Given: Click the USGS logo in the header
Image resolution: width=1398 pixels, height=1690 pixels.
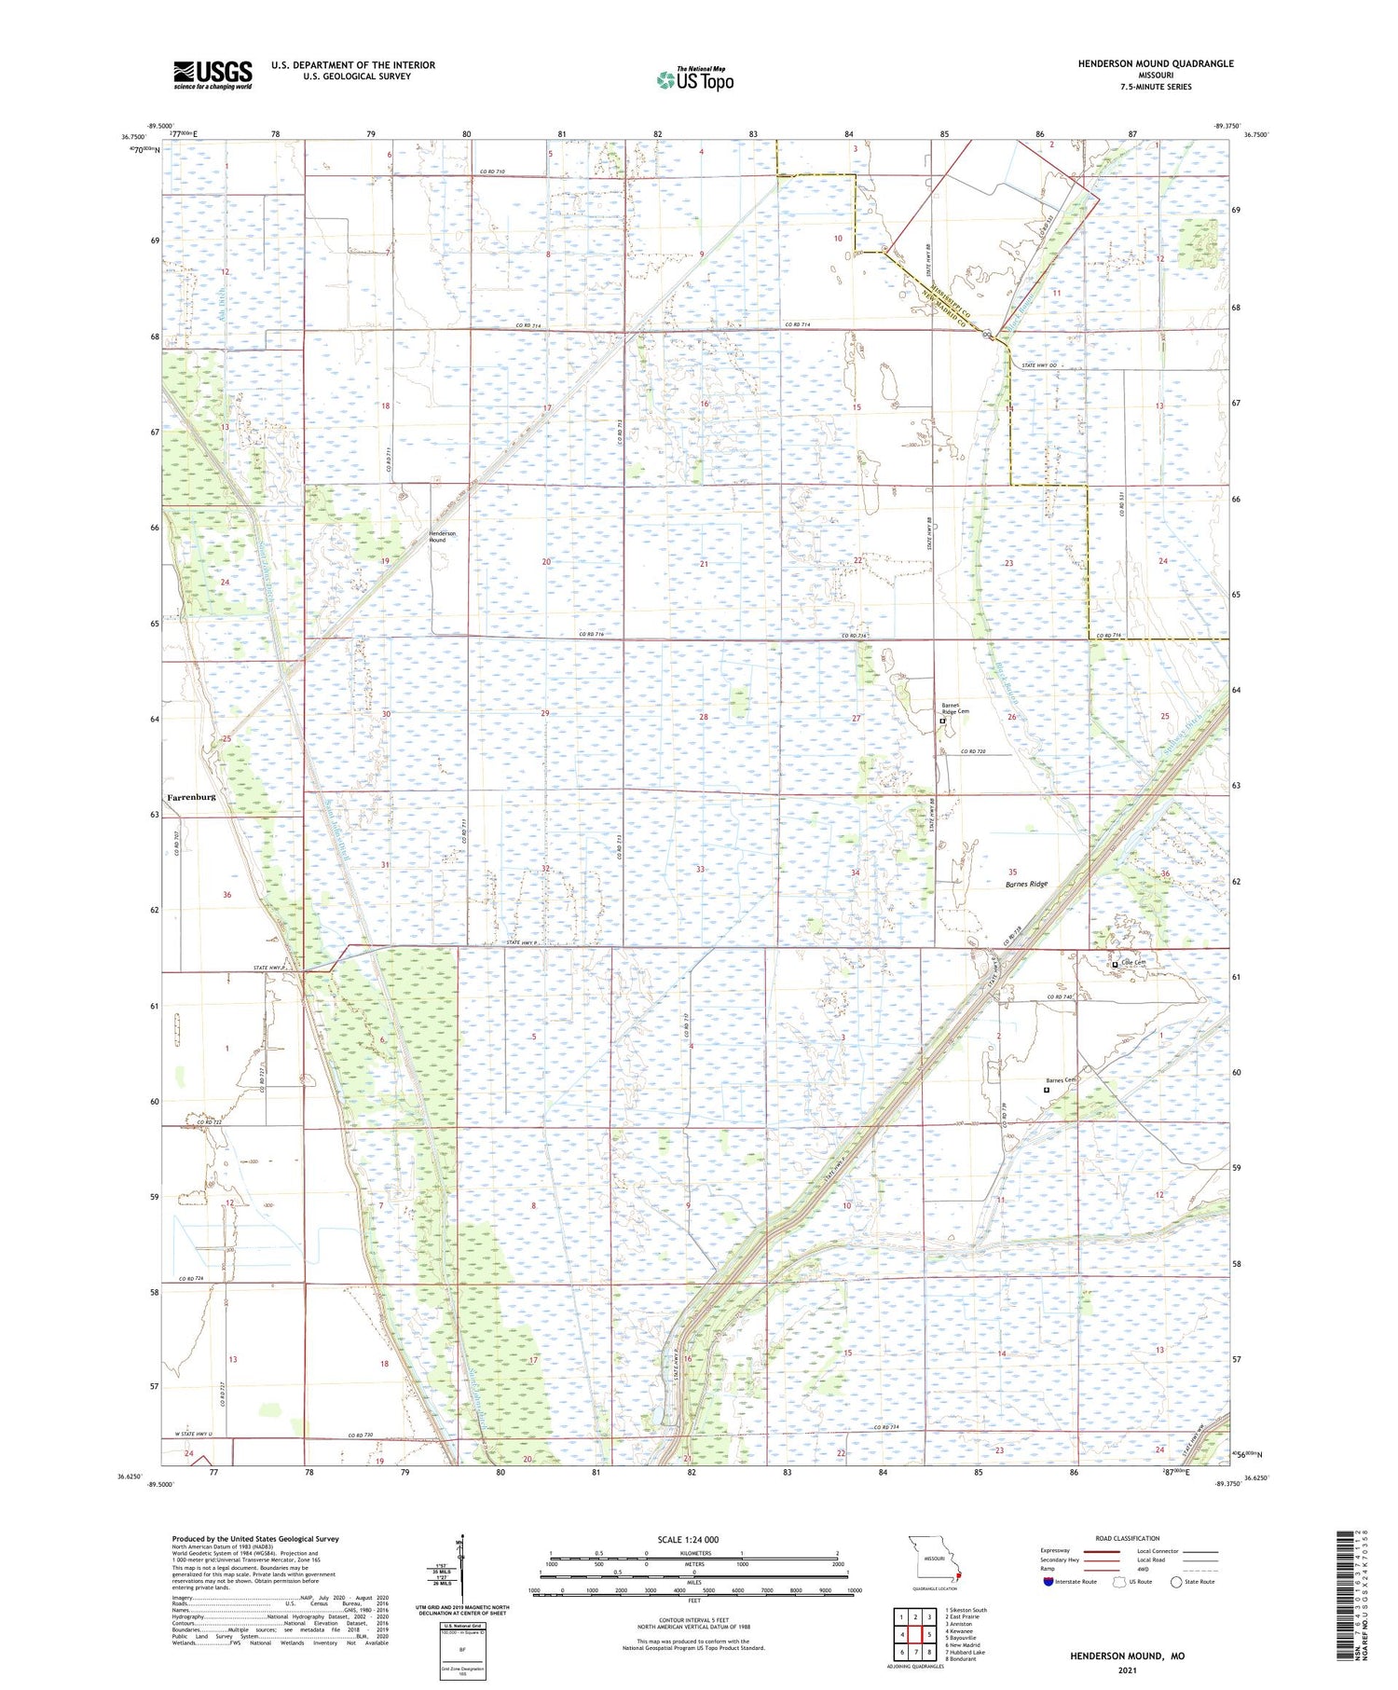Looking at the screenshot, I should coord(212,75).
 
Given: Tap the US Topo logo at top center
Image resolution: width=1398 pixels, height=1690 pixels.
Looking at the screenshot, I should coord(694,80).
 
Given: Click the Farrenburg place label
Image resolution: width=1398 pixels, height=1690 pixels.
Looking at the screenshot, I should coord(191,797).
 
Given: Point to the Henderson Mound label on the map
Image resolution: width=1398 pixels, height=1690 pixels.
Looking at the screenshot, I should coord(437,536).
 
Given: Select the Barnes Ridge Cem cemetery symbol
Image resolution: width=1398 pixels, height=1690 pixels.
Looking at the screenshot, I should coord(942,721).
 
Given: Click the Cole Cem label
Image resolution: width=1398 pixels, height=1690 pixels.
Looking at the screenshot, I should coord(1132,963).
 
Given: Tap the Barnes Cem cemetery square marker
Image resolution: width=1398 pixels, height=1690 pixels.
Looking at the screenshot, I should coord(1047,1089).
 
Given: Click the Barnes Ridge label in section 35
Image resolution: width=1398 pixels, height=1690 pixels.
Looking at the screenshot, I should coord(1026,884).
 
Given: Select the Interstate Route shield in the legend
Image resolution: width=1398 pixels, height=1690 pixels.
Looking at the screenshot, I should coord(1048,1582).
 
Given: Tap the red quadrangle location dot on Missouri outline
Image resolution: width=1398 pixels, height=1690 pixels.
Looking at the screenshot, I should coord(959,1577).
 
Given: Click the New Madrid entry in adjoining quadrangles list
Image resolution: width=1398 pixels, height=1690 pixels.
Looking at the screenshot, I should coord(963,1645).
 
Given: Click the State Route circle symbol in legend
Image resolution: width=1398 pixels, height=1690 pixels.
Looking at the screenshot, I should coord(1176,1582).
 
